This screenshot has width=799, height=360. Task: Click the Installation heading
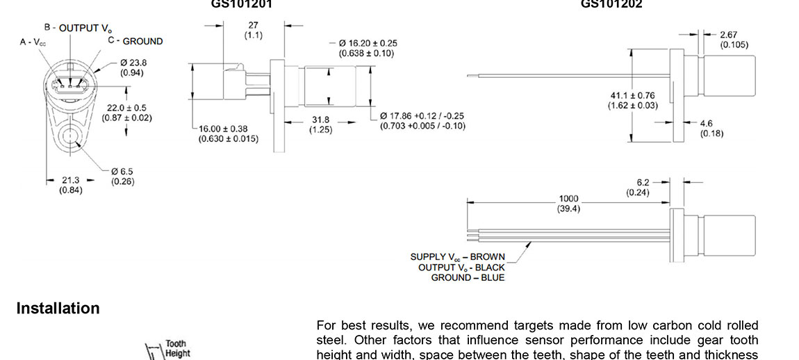point(58,309)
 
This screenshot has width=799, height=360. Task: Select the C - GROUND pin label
point(135,41)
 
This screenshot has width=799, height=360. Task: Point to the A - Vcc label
point(33,42)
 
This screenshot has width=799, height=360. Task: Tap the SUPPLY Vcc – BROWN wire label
point(457,256)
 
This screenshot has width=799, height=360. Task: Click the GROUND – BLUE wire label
point(468,277)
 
